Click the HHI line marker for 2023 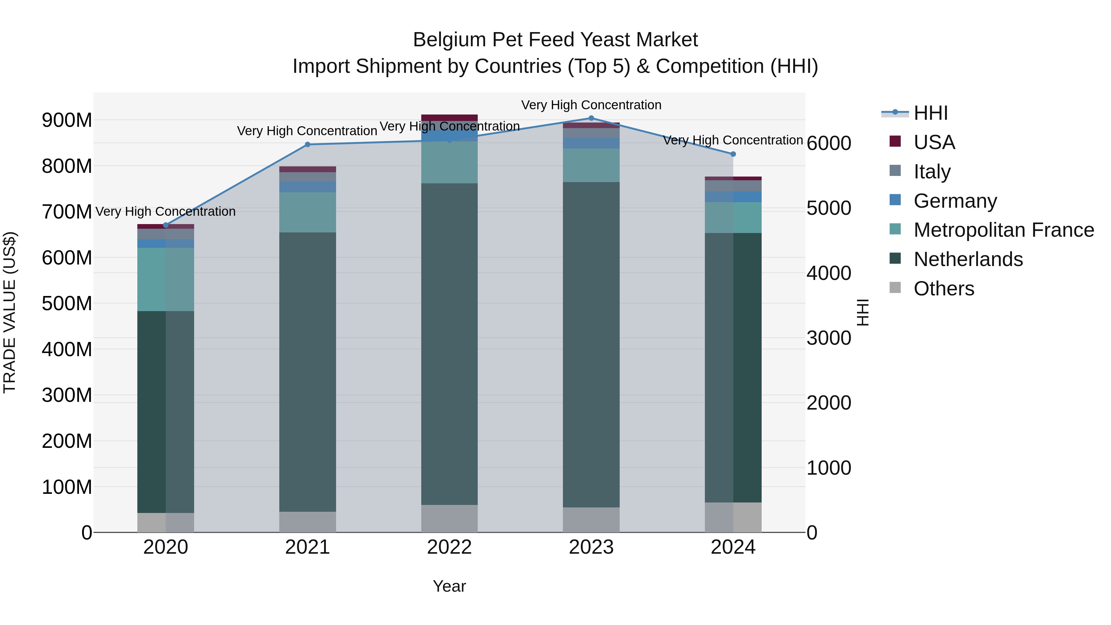[591, 118]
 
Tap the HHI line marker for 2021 [307, 144]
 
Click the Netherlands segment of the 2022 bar [449, 344]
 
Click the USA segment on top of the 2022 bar [449, 118]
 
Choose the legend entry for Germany [955, 201]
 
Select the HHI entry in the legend [930, 113]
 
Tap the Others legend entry [943, 289]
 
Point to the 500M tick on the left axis [67, 304]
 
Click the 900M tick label [67, 120]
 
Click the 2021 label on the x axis [307, 547]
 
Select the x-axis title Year [449, 586]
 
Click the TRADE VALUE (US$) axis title [10, 312]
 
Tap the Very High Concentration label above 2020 [166, 211]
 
